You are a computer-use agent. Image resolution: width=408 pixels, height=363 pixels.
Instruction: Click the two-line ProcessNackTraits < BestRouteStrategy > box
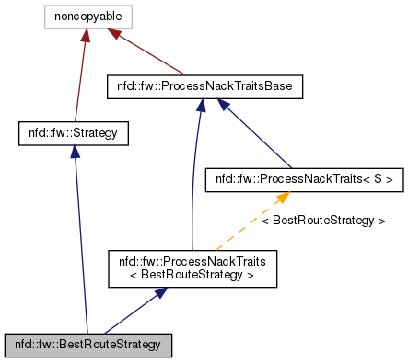(x=192, y=268)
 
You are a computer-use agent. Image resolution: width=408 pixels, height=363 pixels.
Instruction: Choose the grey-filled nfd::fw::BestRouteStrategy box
(x=87, y=345)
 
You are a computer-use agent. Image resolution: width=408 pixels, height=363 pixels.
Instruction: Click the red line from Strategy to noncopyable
(x=80, y=83)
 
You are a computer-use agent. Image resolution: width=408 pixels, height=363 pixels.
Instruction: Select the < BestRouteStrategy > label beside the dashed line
(x=323, y=221)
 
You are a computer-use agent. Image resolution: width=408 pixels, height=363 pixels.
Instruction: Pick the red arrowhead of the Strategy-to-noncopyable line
(x=86, y=36)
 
